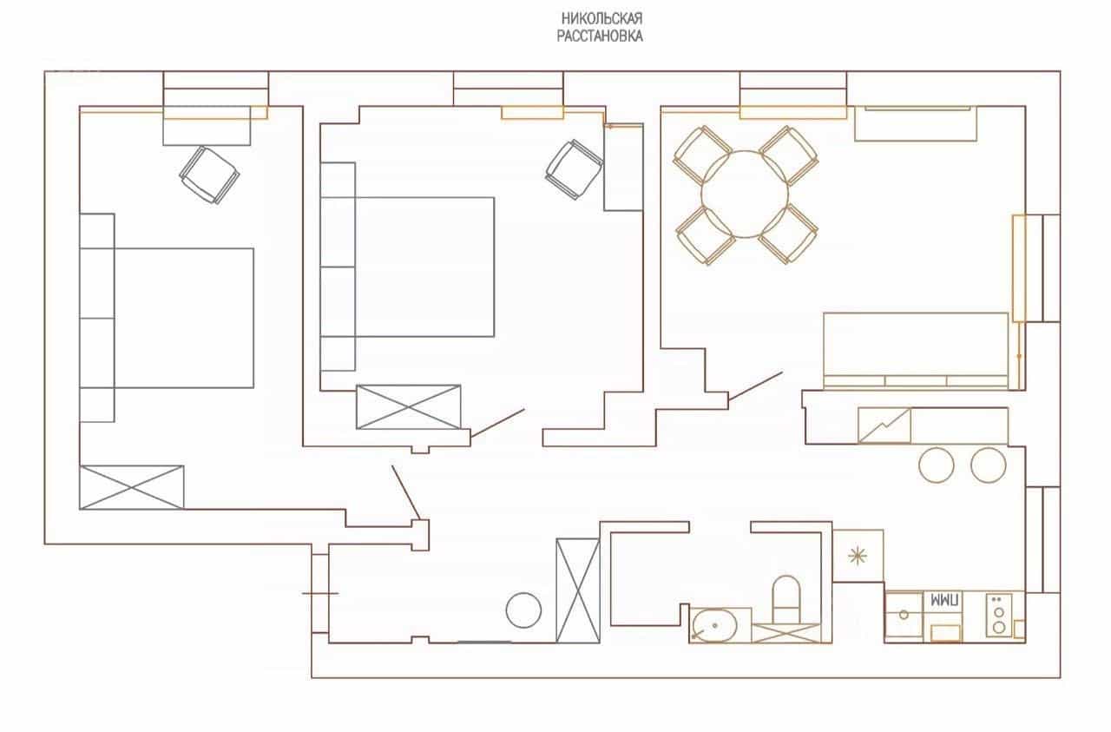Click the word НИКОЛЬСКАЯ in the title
602,19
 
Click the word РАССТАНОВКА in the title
600,36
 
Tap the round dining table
745,194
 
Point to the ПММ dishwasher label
943,601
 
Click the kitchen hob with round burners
999,615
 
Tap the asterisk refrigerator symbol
857,556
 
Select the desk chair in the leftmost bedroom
209,175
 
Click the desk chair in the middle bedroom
575,169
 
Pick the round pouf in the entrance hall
523,610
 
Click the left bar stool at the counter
936,465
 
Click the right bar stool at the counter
988,465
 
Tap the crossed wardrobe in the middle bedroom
408,407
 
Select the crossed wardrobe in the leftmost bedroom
131,487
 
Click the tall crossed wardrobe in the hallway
578,590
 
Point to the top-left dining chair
701,154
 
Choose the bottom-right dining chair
788,234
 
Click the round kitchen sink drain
904,615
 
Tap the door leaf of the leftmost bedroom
406,492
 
